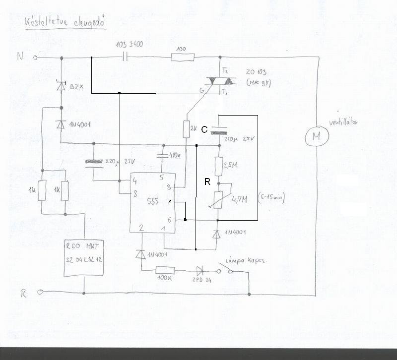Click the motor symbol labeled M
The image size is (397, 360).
click(x=316, y=135)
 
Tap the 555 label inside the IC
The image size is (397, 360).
click(x=153, y=201)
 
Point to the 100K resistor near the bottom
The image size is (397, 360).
click(x=164, y=271)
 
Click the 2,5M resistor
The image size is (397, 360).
click(x=218, y=164)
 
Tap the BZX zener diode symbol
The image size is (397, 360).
click(x=61, y=87)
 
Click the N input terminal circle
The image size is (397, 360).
click(x=35, y=58)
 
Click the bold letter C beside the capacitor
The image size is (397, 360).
click(x=204, y=130)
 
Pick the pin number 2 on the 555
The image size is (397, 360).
click(x=141, y=228)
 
